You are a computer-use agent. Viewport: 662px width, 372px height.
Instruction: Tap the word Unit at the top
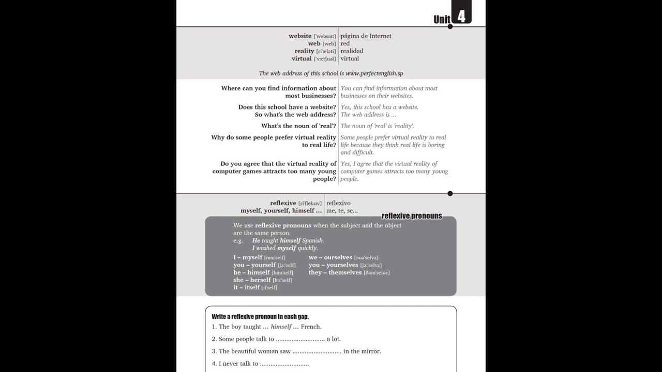point(442,20)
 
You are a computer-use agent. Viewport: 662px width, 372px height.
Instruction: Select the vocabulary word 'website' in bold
point(300,36)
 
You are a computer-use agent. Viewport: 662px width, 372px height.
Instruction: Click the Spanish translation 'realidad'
point(352,51)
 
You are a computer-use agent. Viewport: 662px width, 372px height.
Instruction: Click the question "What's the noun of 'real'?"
point(298,126)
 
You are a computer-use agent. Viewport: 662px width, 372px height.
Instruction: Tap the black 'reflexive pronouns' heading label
point(412,216)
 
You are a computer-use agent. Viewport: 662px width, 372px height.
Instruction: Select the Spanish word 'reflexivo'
point(338,203)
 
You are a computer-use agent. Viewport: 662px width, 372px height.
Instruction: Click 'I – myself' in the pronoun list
point(248,257)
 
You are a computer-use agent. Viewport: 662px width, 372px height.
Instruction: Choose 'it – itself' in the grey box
point(246,287)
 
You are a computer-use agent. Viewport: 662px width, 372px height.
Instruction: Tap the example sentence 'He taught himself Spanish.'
point(288,240)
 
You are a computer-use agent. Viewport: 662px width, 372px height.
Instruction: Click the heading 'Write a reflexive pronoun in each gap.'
point(260,316)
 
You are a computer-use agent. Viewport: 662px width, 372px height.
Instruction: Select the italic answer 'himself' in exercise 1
point(281,327)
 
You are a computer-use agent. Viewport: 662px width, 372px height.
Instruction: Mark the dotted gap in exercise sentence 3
point(317,351)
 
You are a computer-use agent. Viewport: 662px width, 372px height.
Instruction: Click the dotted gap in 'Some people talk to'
point(300,339)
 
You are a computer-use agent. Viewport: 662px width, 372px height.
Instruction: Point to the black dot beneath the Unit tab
point(450,26)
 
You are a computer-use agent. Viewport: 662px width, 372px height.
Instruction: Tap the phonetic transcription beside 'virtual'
point(325,59)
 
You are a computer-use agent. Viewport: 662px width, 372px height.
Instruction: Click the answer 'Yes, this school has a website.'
point(379,107)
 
